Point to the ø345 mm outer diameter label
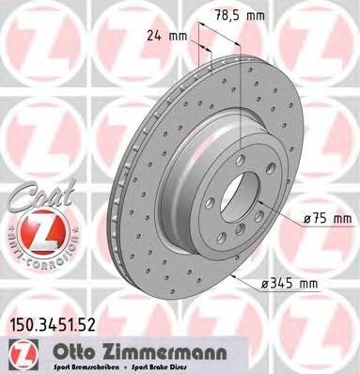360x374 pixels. coord(294,281)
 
